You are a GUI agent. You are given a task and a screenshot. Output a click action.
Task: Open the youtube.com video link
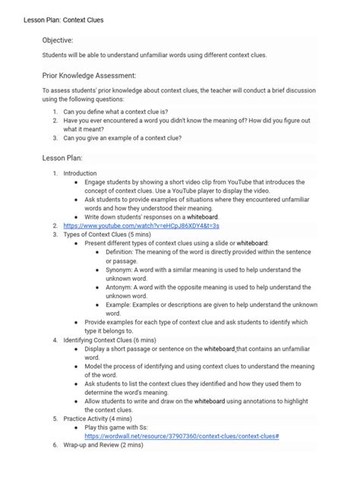tap(141, 226)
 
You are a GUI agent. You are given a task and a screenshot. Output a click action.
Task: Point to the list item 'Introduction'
tap(80, 173)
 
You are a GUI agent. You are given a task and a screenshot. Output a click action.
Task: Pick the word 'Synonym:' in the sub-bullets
tap(118, 270)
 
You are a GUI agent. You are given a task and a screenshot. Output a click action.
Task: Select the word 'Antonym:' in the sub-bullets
tap(118, 287)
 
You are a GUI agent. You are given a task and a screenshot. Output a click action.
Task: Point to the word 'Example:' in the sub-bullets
tap(118, 304)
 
